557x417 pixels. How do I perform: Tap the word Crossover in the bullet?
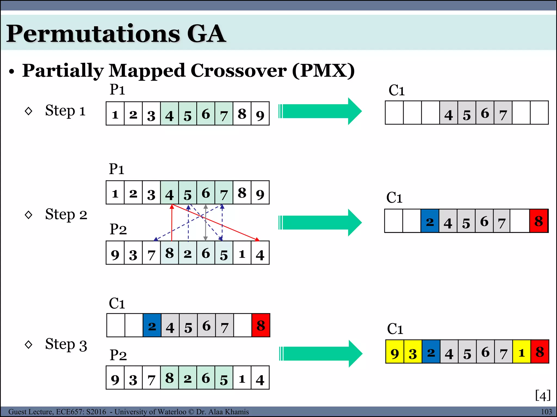(239, 71)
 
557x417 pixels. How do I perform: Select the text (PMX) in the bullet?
(323, 71)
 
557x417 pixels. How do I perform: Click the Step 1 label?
(65, 111)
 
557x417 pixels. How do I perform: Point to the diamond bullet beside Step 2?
(29, 215)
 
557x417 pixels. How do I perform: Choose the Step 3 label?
(66, 345)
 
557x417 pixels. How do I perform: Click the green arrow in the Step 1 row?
(320, 111)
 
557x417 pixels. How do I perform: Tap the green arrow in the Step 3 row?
(320, 354)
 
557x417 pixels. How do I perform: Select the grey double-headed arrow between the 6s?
(206, 223)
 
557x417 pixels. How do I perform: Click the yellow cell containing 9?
(395, 352)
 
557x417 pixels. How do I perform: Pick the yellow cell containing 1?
(521, 352)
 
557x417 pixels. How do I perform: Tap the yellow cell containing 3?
(413, 352)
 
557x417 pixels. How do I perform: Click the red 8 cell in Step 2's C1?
(539, 221)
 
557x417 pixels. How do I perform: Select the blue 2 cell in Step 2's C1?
(430, 221)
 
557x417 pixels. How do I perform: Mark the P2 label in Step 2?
(118, 229)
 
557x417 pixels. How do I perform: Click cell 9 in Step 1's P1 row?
(260, 114)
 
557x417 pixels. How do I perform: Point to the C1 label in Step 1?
(397, 90)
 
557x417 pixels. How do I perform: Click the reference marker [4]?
(543, 395)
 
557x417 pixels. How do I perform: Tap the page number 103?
(546, 412)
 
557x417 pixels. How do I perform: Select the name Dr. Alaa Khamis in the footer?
(222, 412)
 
